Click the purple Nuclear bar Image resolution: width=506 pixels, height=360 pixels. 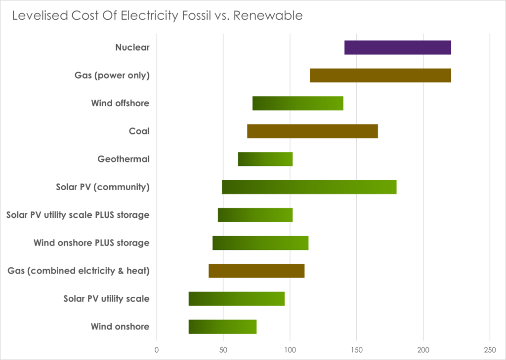pos(397,47)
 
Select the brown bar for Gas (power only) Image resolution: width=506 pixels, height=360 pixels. pos(380,76)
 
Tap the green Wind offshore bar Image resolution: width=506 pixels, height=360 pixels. pos(297,103)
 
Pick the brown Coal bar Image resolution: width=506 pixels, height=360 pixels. pos(312,131)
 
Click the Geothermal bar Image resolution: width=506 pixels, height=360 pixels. pos(265,160)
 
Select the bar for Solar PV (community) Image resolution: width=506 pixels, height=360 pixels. pos(309,187)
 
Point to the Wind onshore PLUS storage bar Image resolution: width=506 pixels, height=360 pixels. pos(260,243)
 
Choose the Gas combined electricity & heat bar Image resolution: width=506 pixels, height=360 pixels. pos(256,271)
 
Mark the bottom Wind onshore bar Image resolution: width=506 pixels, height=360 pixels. pos(222,327)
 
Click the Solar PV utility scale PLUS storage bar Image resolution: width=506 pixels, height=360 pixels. pos(255,215)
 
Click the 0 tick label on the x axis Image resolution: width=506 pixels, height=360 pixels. pos(157,350)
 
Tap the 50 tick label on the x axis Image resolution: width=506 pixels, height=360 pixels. pos(223,350)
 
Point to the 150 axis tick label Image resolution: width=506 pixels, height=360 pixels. pos(356,350)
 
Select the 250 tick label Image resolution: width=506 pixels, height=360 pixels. pos(490,350)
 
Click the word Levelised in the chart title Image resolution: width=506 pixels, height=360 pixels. pos(34,16)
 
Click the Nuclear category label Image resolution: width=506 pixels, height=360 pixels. pos(132,47)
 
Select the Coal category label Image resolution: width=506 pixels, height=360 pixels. pos(139,131)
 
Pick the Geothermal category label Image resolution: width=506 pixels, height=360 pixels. pos(124,160)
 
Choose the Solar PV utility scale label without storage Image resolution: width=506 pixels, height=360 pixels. pos(106,299)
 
